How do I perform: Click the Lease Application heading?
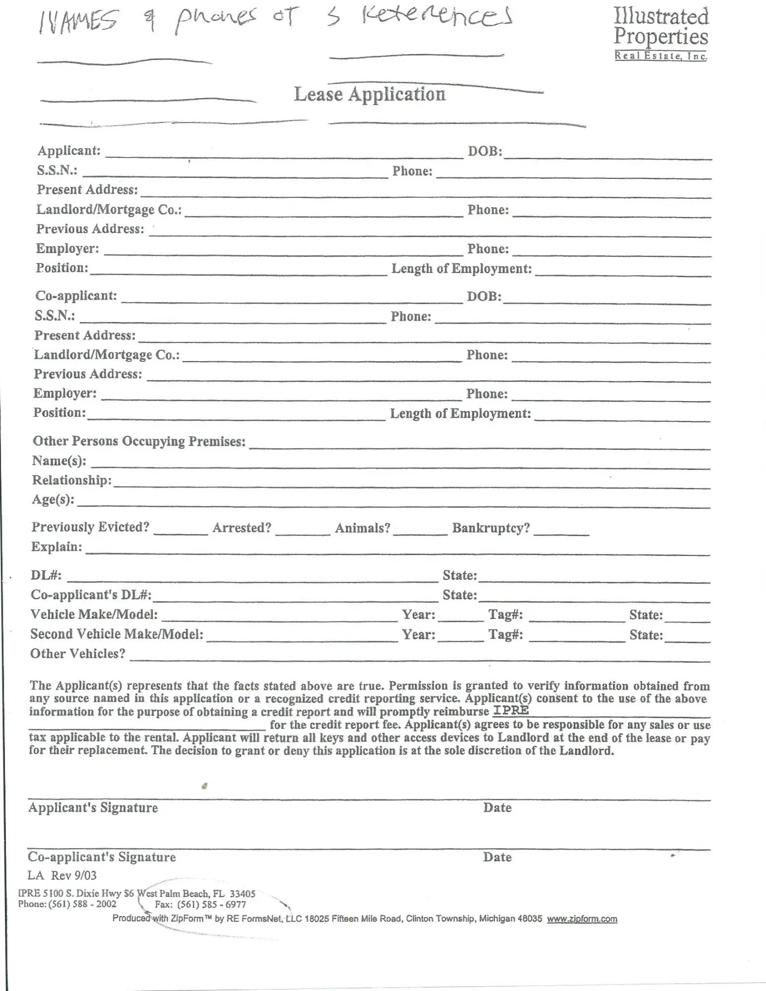click(x=369, y=94)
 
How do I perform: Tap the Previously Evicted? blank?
click(x=180, y=529)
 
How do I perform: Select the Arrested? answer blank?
click(x=302, y=530)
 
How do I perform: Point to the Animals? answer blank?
click(x=420, y=530)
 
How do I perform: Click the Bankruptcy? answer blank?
click(x=562, y=530)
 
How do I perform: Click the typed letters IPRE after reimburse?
click(x=511, y=710)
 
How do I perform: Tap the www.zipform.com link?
click(x=582, y=919)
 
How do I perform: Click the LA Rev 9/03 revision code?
click(x=62, y=875)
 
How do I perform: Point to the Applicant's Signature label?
click(x=93, y=808)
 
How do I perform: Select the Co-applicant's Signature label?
click(x=102, y=857)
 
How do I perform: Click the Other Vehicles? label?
click(x=78, y=654)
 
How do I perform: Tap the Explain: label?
click(x=57, y=547)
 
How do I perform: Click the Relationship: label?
click(x=72, y=480)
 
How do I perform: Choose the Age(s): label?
click(x=53, y=499)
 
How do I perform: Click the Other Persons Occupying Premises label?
click(x=139, y=441)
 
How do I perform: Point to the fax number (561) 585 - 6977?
click(x=212, y=904)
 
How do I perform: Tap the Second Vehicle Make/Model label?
click(x=117, y=634)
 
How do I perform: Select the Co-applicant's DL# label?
click(x=91, y=595)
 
